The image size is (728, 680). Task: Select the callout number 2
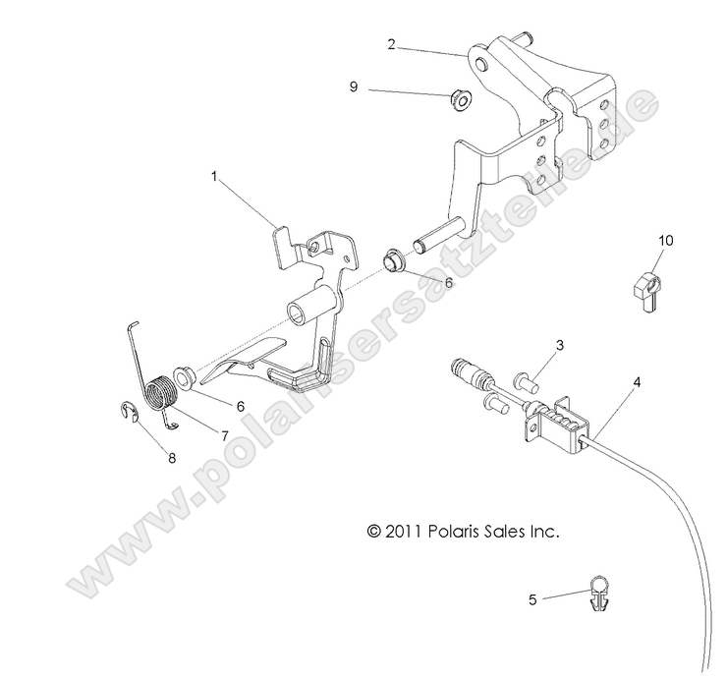pyautogui.click(x=391, y=44)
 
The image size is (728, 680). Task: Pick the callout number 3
pyautogui.click(x=558, y=345)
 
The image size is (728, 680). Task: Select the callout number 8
pyautogui.click(x=171, y=457)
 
